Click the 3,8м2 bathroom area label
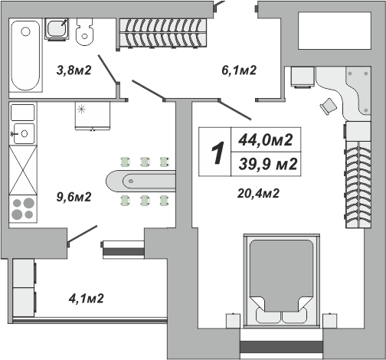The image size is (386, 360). click(74, 70)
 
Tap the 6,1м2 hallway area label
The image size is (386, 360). click(239, 70)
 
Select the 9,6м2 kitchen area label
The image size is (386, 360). click(74, 197)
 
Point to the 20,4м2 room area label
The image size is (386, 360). click(258, 193)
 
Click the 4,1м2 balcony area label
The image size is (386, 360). click(86, 298)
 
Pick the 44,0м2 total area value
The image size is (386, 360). click(266, 140)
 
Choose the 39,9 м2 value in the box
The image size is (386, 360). click(268, 164)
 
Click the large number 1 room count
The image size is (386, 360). click(218, 152)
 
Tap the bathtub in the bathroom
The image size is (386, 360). click(25, 55)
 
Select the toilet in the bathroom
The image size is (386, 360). click(85, 32)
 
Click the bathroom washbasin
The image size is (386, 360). click(57, 29)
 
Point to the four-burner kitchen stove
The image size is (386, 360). click(23, 209)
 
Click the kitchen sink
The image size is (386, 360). click(24, 133)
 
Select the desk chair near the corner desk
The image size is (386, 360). click(329, 106)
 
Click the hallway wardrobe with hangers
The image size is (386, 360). click(163, 33)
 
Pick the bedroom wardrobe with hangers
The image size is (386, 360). click(358, 185)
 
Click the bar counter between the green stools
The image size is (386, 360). click(141, 182)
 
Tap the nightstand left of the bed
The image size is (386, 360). click(233, 320)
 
